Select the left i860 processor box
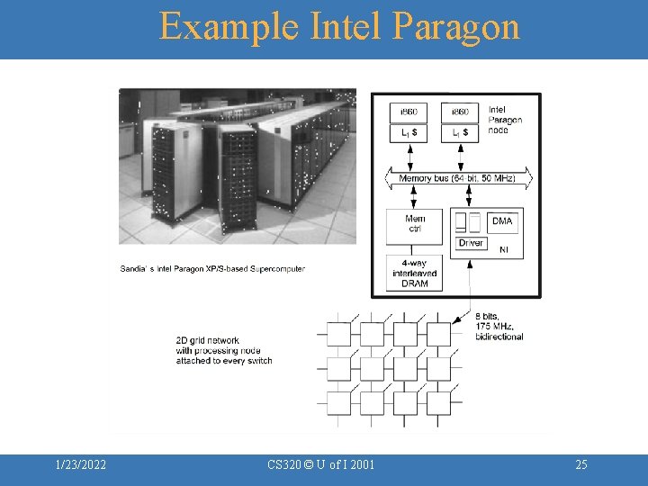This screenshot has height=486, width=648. pyautogui.click(x=409, y=112)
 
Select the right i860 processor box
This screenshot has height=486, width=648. pyautogui.click(x=459, y=112)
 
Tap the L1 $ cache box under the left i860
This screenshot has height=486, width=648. pyautogui.click(x=409, y=133)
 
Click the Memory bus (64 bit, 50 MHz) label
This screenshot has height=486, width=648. pyautogui.click(x=457, y=179)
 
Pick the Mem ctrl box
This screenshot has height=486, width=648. pyautogui.click(x=415, y=224)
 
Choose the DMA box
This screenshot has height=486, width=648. pyautogui.click(x=501, y=221)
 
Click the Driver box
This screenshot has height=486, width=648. pyautogui.click(x=471, y=243)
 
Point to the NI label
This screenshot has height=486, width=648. pyautogui.click(x=503, y=249)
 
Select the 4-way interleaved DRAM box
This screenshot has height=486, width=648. pyautogui.click(x=415, y=274)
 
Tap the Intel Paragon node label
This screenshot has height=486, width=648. pyautogui.click(x=505, y=120)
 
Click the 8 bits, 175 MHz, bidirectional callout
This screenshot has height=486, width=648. pyautogui.click(x=499, y=327)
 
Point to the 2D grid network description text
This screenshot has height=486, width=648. pyautogui.click(x=223, y=350)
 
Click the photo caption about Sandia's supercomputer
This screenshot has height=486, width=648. pyautogui.click(x=212, y=268)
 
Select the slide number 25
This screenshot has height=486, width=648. pyautogui.click(x=580, y=464)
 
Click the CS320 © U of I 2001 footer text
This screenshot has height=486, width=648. pyautogui.click(x=321, y=464)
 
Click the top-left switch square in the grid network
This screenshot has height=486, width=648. pyautogui.click(x=338, y=335)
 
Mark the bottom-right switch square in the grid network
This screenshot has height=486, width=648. pyautogui.click(x=438, y=403)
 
